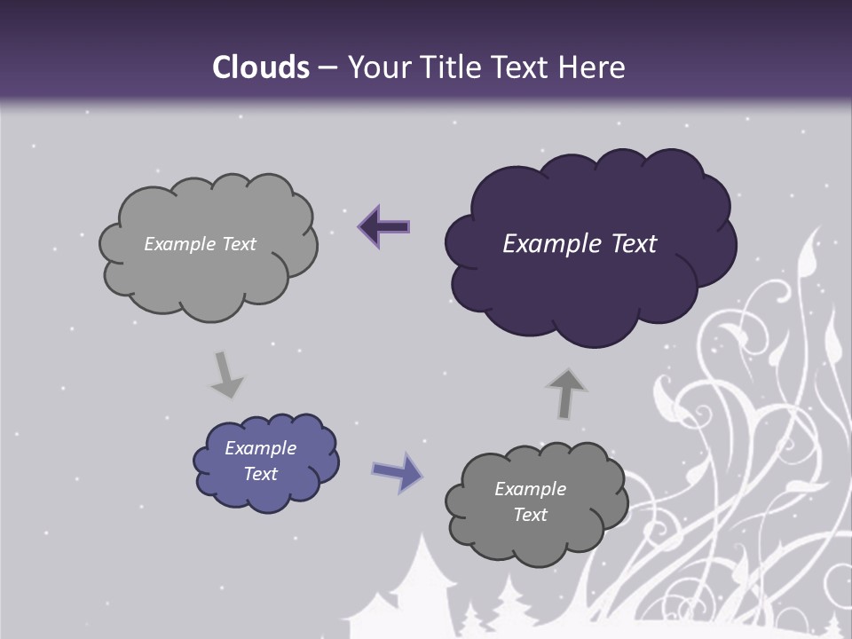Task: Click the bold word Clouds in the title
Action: [x=261, y=67]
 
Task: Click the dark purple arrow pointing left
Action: [x=384, y=226]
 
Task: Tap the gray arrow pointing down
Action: [x=225, y=375]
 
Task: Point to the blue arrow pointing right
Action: [x=397, y=472]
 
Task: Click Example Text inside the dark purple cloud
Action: [x=580, y=244]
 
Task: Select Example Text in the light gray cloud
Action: [x=200, y=244]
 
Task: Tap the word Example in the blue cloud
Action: [x=260, y=448]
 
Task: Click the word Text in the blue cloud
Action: [x=260, y=474]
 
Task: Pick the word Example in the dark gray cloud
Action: [x=530, y=489]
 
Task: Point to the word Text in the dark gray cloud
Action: [x=530, y=515]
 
